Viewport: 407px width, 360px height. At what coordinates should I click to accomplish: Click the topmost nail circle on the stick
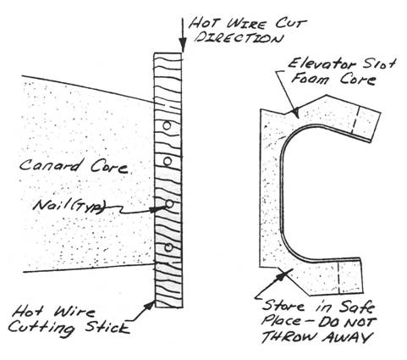click(167, 125)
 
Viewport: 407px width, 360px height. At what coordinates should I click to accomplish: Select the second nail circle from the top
click(168, 162)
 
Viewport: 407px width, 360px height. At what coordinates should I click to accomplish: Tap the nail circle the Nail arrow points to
click(169, 204)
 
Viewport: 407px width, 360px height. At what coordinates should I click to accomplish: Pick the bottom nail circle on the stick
click(168, 247)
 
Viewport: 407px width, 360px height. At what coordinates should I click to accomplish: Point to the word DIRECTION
click(239, 38)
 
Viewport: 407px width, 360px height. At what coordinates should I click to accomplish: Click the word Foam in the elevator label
click(311, 78)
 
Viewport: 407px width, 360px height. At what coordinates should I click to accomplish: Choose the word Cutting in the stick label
click(41, 329)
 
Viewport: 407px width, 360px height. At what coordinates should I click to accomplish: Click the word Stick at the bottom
click(107, 328)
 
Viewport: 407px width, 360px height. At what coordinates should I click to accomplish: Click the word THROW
click(290, 337)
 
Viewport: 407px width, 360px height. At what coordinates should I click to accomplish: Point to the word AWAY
click(347, 337)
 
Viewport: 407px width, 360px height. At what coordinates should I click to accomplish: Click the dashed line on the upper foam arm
click(355, 119)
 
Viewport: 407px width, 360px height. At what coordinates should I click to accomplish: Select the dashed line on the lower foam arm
click(338, 278)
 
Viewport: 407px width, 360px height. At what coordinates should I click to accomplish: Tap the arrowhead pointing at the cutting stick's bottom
click(150, 307)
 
